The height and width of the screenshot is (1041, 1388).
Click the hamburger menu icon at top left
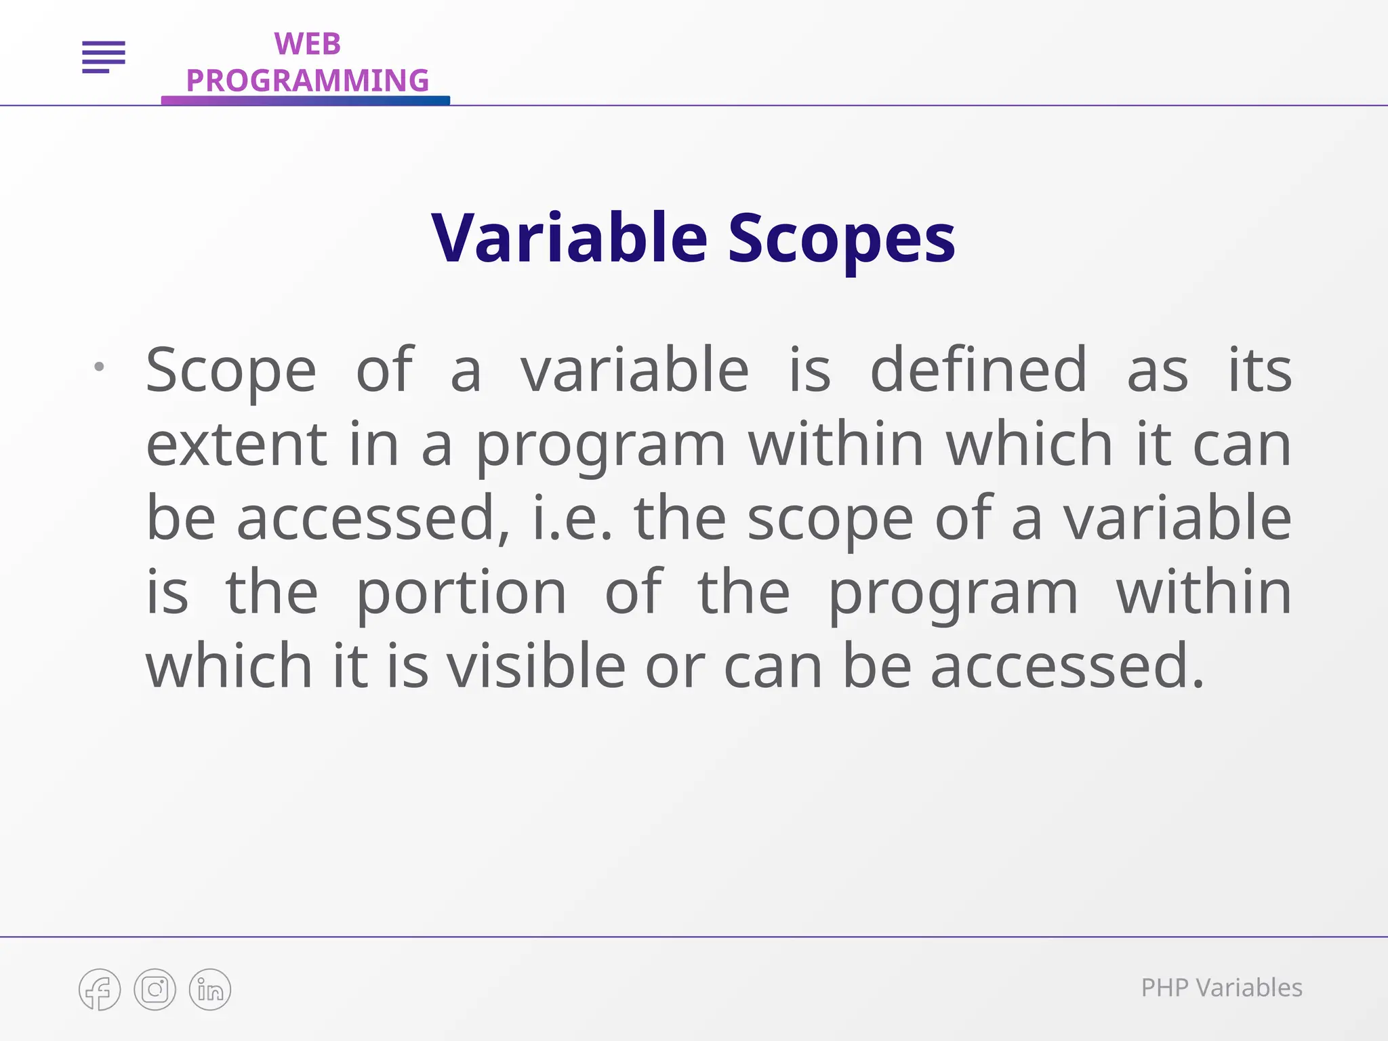pos(104,57)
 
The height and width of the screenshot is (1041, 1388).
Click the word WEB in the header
pos(307,45)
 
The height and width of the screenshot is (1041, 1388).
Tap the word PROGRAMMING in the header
pos(307,81)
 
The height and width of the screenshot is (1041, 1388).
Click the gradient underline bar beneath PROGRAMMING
pos(305,100)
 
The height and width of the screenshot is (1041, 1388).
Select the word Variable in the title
pos(569,238)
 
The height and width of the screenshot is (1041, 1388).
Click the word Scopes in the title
pos(841,238)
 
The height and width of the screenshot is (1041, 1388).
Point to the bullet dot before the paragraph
pos(99,367)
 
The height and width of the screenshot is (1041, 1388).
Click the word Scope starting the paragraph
pos(231,371)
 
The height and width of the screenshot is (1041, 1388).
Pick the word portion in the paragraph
pos(461,593)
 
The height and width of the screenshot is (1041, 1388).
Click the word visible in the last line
pos(536,666)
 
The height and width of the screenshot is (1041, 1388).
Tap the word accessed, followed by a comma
pos(373,519)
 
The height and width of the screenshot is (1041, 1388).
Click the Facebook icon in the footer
pos(100,989)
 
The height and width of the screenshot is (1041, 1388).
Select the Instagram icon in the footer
pos(155,989)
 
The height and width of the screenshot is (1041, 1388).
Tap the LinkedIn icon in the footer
pos(210,989)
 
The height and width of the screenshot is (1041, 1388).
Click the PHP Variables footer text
pos(1221,988)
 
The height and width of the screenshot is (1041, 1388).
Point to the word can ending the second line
pos(1242,445)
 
